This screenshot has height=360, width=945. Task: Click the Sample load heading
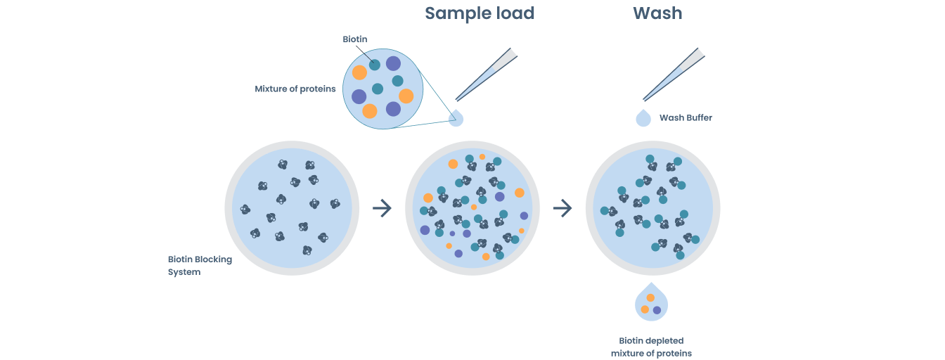click(x=480, y=13)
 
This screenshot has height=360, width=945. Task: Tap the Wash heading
click(x=657, y=13)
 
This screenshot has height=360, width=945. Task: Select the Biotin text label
click(x=355, y=39)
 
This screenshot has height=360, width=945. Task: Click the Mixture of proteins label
click(x=295, y=89)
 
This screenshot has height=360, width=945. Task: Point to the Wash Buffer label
click(x=686, y=118)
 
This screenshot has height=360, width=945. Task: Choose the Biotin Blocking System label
click(x=199, y=266)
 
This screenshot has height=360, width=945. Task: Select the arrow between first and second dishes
click(x=382, y=208)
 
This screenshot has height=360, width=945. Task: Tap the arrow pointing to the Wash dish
click(x=562, y=208)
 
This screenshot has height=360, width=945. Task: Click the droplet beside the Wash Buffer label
click(x=643, y=118)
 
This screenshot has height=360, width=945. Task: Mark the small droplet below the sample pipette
click(x=457, y=118)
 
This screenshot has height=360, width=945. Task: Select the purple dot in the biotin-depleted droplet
click(x=657, y=310)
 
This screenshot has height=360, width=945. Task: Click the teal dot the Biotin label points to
click(x=375, y=65)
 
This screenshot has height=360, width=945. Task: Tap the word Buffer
click(x=699, y=118)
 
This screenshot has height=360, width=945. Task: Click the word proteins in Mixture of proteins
click(x=317, y=89)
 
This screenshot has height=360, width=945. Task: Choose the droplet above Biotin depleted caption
click(x=651, y=302)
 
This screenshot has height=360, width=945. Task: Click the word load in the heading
click(x=513, y=13)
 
